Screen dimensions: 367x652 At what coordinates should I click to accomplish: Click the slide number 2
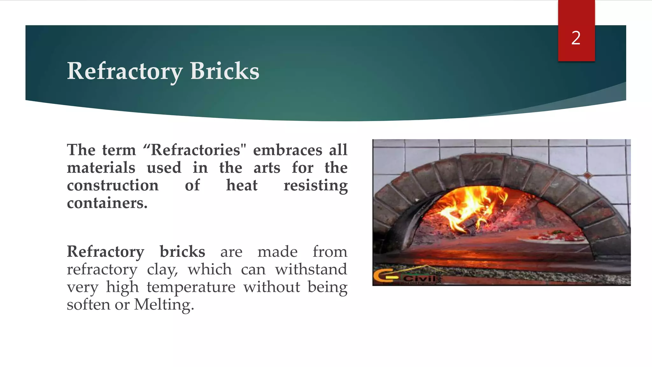coord(576,38)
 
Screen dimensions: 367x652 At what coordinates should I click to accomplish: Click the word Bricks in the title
coord(224,71)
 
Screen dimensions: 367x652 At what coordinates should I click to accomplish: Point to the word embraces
coord(287,150)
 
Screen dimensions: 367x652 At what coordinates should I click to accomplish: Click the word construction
coord(113,185)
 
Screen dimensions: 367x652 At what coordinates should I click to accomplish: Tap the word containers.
coord(107,203)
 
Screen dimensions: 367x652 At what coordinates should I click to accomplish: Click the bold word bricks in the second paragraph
coord(182,252)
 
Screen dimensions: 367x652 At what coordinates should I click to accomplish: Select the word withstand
coord(311,270)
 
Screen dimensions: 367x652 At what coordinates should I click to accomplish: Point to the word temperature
coord(191,287)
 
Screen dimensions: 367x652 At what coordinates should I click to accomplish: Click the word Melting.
coord(164,305)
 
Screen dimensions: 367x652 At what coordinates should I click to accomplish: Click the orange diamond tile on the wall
coord(588,175)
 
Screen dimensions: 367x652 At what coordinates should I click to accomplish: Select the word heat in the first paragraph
coord(242,185)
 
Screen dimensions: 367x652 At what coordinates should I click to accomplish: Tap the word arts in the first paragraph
coord(267,168)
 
